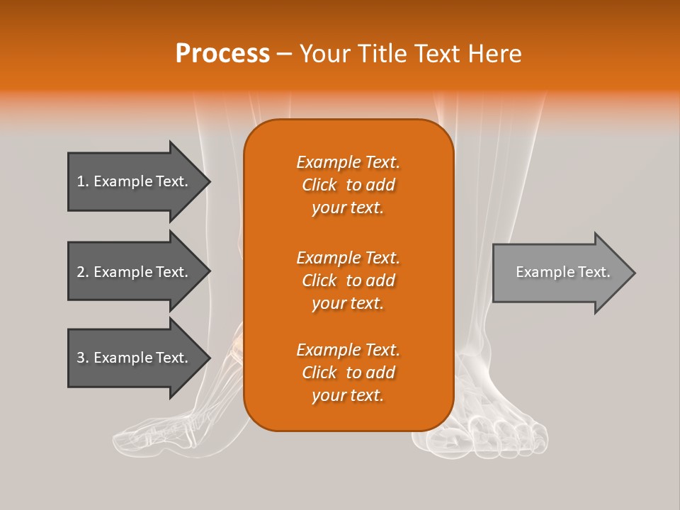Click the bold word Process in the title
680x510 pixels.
[222, 54]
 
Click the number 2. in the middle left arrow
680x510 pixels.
[83, 272]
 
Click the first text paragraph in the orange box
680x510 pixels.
[348, 185]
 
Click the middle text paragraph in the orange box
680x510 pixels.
[348, 280]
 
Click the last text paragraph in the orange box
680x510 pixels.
[348, 373]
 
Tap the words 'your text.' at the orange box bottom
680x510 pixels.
[348, 396]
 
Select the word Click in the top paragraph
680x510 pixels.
[319, 186]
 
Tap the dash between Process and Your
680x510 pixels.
[284, 54]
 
